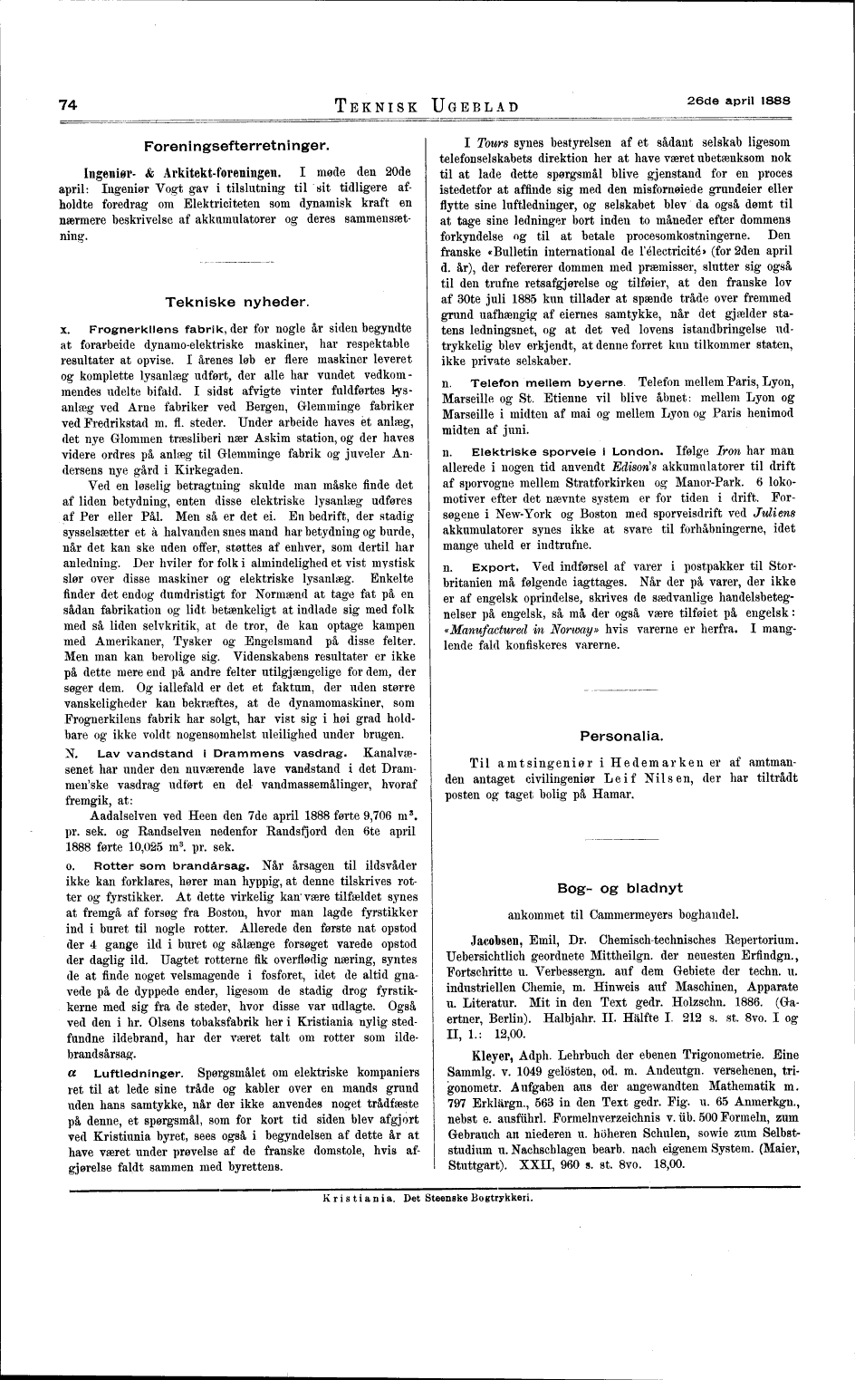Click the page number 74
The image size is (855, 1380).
coord(67,103)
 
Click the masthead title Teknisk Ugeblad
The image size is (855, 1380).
coord(427,105)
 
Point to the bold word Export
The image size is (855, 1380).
coord(490,567)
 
